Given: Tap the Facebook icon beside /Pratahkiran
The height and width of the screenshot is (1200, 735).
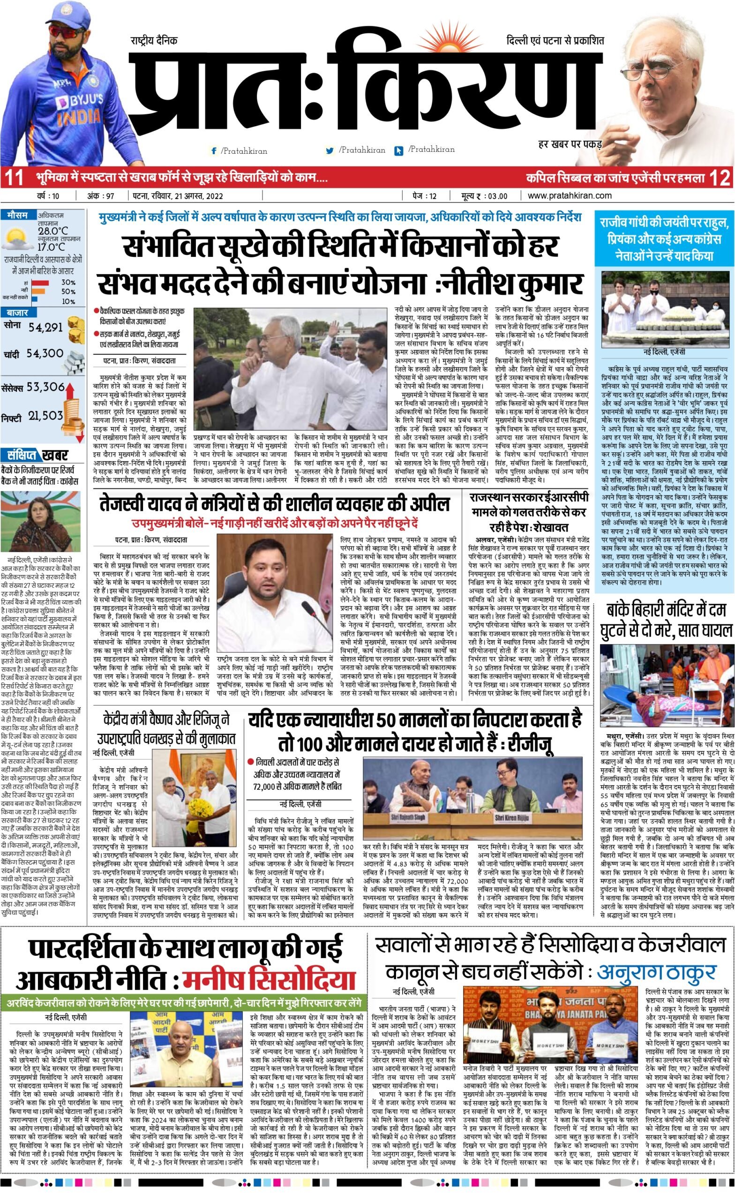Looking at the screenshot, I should tap(214, 151).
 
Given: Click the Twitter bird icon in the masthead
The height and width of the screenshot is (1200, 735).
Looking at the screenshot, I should tap(330, 151).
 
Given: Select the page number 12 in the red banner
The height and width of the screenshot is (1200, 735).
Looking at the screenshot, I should tap(720, 178).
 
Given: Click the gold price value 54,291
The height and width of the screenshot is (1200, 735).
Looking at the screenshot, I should tap(45, 327).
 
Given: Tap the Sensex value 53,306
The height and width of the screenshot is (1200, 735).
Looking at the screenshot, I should tap(46, 387).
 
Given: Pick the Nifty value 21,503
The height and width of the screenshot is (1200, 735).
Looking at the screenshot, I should tap(45, 415).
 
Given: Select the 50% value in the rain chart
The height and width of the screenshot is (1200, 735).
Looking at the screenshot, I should tap(68, 291).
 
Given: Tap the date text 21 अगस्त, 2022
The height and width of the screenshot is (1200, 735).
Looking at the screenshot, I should tap(201, 196).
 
